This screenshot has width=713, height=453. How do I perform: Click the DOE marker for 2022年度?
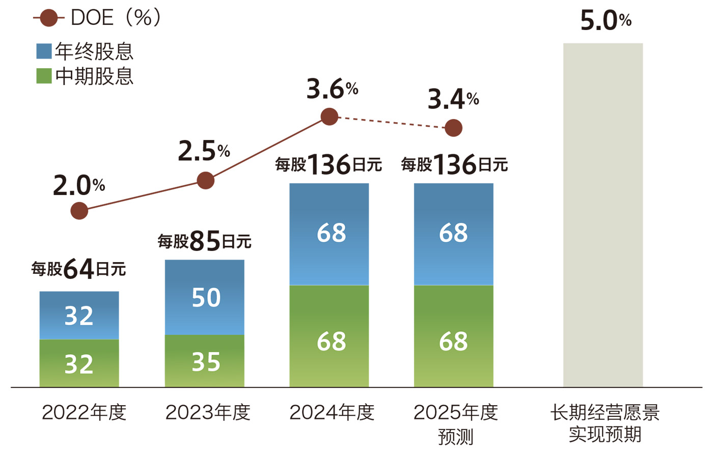79,210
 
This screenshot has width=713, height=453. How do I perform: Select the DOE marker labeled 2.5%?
205,180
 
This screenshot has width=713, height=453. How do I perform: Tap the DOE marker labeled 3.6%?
330,117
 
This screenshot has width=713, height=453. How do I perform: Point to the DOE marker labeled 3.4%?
453,128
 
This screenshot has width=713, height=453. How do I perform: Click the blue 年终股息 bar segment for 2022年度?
79,315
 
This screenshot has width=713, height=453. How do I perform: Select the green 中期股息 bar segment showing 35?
204,361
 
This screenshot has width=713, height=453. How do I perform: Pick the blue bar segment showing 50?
204,297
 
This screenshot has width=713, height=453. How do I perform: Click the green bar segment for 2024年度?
329,336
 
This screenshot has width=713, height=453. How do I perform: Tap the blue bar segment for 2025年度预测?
453,234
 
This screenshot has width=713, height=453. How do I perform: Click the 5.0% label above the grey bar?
605,21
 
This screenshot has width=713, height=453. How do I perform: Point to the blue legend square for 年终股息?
44,51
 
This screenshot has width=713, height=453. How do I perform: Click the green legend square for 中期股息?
44,76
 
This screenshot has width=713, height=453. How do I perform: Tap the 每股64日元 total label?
78,268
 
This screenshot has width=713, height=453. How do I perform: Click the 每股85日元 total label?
204,241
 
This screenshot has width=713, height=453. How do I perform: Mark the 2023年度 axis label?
208,412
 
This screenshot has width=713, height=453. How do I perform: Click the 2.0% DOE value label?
78,186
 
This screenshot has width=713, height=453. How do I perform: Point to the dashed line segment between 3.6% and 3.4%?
391,122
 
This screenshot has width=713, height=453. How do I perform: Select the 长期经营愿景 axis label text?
605,412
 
